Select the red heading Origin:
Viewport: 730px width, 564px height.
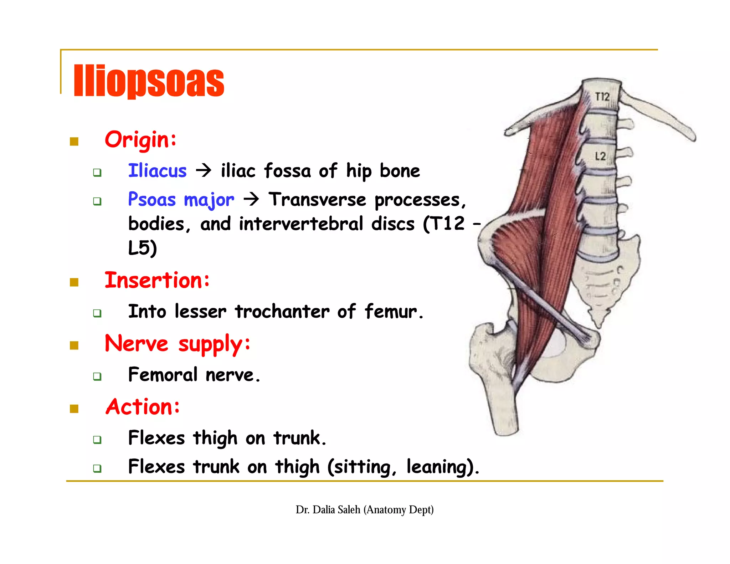pyautogui.click(x=140, y=140)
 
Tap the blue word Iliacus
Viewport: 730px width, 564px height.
pyautogui.click(x=157, y=170)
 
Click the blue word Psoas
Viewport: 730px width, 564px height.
pyautogui.click(x=152, y=199)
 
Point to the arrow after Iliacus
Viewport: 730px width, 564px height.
pyautogui.click(x=204, y=170)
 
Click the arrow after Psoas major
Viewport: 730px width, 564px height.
pyautogui.click(x=251, y=199)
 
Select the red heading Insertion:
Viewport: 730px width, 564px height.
pyautogui.click(x=157, y=280)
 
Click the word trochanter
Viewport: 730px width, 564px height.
pyautogui.click(x=282, y=312)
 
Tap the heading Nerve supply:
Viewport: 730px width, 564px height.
pyautogui.click(x=177, y=344)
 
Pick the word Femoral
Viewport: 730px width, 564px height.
pyautogui.click(x=163, y=375)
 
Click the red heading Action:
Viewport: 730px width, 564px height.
pyautogui.click(x=143, y=407)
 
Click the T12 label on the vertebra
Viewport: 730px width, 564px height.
pyautogui.click(x=602, y=97)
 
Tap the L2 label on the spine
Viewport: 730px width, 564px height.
pyautogui.click(x=600, y=156)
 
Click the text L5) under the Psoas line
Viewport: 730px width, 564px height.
pyautogui.click(x=142, y=248)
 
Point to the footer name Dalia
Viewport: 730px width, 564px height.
pyautogui.click(x=324, y=510)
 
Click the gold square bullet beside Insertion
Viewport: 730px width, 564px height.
pyautogui.click(x=74, y=282)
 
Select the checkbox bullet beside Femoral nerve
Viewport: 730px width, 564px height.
pyautogui.click(x=97, y=376)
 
